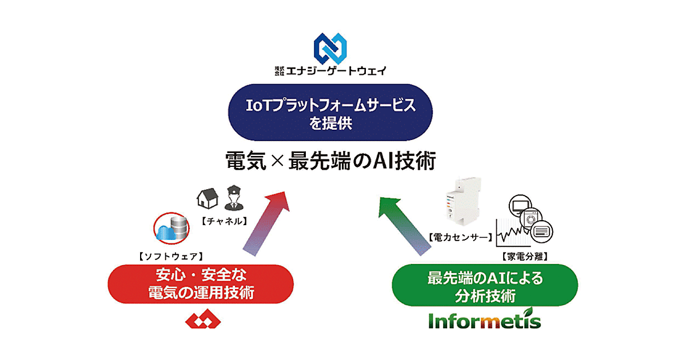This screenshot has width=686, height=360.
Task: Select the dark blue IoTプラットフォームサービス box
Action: tap(343, 113)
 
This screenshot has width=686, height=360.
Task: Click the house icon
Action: tap(208, 198)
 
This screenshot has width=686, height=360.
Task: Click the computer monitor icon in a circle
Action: tap(520, 205)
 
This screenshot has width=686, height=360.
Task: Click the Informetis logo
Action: tap(485, 321)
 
